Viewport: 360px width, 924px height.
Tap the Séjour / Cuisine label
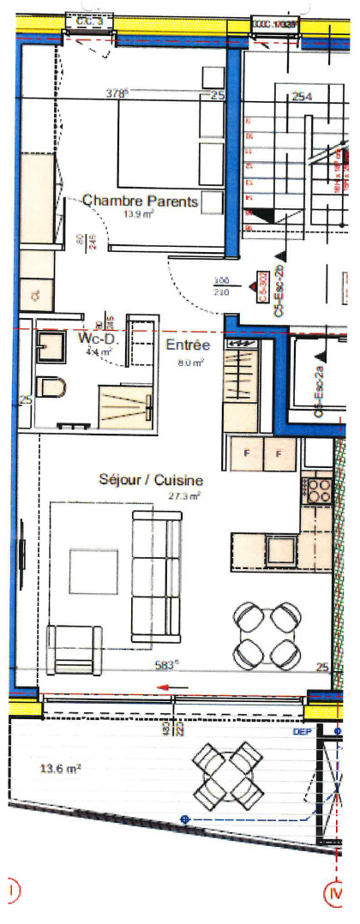tap(150, 482)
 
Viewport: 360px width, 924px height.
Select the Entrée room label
tap(187, 345)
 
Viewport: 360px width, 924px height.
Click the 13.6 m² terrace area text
tap(62, 770)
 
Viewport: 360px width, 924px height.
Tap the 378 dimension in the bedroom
tap(117, 93)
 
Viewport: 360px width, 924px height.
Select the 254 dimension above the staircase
tap(301, 96)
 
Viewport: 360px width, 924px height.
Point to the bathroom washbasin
tap(51, 348)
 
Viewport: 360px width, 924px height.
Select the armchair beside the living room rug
tap(73, 649)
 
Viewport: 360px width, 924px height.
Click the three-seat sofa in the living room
tap(155, 573)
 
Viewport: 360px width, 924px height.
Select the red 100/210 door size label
tap(222, 285)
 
